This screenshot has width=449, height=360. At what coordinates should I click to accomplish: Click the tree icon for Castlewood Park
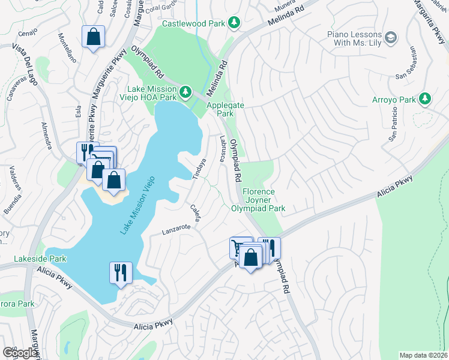coord(235,23)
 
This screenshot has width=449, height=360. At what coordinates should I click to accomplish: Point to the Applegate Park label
coord(220,109)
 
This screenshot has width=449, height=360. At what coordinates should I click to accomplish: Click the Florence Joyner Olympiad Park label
coord(258,200)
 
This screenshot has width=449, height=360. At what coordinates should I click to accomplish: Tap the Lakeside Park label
coord(40,259)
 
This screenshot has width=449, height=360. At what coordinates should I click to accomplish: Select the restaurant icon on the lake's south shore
coord(121,272)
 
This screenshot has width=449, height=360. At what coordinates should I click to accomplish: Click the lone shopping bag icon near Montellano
coord(93,37)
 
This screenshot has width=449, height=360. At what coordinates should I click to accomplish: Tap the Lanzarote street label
coord(176,229)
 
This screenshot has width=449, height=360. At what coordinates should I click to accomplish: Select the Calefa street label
coord(194,211)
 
